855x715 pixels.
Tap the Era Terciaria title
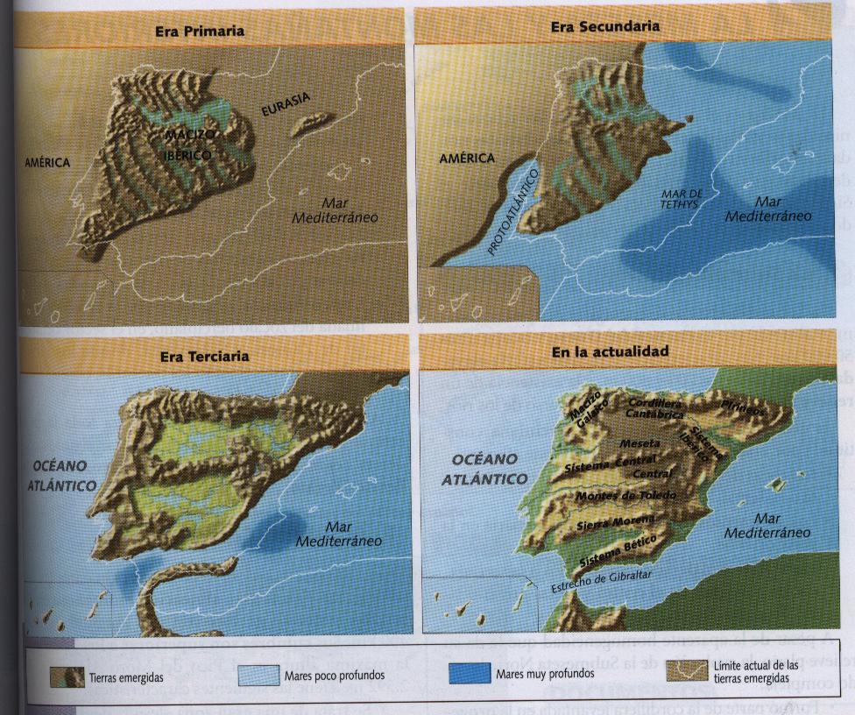[204, 356]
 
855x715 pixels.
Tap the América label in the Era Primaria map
[47, 162]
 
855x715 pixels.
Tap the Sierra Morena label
[614, 525]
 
